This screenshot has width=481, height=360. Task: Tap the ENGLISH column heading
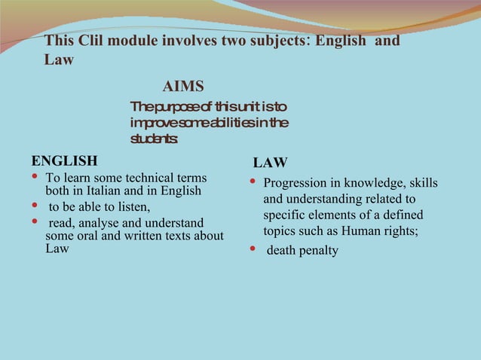point(64,160)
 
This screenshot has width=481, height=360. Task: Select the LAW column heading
point(269,163)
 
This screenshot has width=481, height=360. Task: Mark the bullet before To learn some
point(35,178)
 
